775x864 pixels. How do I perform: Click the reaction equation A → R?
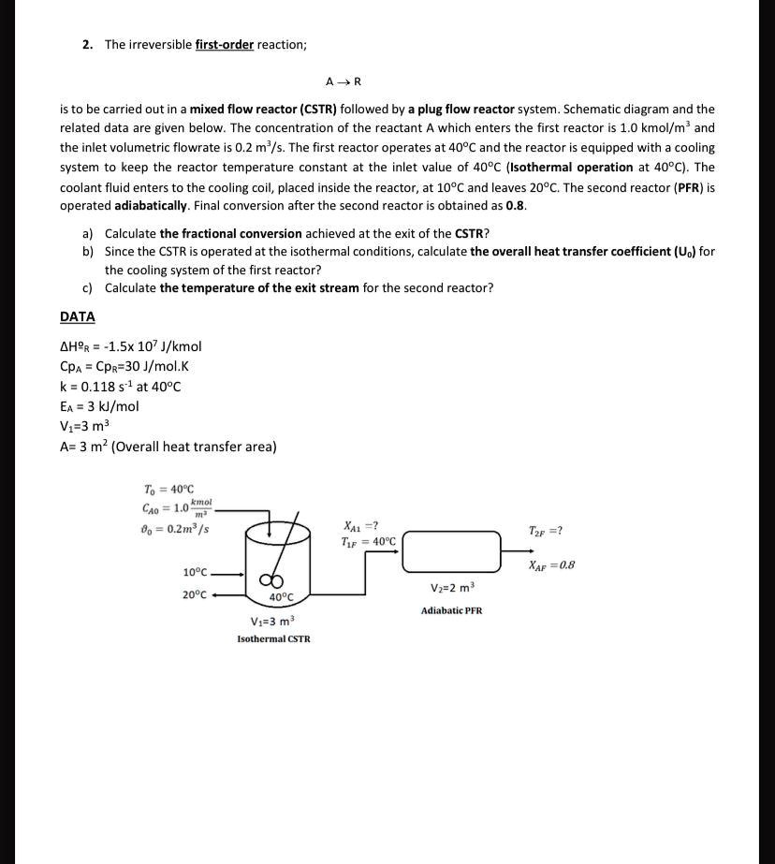point(344,81)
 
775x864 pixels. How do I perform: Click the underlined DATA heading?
point(78,317)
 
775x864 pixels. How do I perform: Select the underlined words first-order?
point(225,45)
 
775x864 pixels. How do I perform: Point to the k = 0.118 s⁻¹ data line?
point(120,387)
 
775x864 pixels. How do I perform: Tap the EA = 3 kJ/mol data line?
point(99,406)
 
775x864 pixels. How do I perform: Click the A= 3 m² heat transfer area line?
point(168,447)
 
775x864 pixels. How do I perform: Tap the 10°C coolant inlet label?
point(196,572)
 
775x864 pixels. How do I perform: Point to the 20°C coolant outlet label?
point(196,594)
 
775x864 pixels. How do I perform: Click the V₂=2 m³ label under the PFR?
point(453,588)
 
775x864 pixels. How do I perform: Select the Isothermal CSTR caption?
point(273,638)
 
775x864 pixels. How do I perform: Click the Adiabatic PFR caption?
point(452,610)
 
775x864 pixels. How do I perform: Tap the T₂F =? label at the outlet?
point(546,531)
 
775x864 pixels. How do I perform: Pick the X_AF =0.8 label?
point(551,564)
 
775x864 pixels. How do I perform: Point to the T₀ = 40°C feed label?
point(168,490)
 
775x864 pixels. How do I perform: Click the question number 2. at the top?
point(87,45)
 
